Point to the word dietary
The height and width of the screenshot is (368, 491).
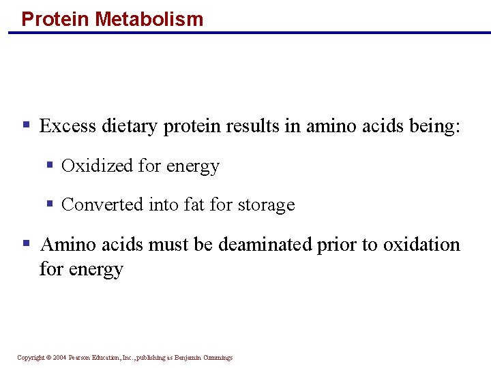pos(130,127)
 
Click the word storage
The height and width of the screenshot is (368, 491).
pos(266,205)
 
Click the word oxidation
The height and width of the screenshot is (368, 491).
pos(421,245)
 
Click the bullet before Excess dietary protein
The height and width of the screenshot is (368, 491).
pos(27,125)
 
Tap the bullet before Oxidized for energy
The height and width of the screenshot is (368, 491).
pos(49,166)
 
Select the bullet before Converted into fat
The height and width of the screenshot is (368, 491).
pos(49,204)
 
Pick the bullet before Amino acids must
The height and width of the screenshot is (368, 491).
pos(27,243)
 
